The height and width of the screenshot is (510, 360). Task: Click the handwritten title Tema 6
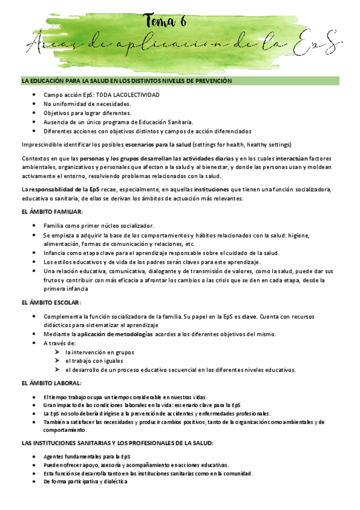click(x=166, y=21)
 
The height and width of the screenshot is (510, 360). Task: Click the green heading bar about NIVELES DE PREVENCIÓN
click(x=180, y=81)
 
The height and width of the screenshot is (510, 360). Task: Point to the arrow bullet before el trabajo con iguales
click(x=56, y=361)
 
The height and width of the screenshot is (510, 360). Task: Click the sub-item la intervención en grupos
click(x=100, y=352)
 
